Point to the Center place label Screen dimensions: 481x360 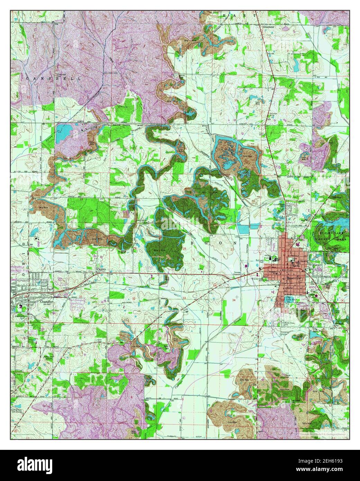[101, 269]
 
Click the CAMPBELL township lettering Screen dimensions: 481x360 [53, 79]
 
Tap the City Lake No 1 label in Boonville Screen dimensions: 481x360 [289, 298]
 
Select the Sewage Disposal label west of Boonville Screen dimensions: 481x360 [255, 273]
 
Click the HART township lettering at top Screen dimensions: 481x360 [238, 16]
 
